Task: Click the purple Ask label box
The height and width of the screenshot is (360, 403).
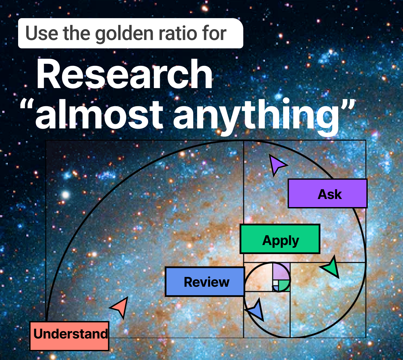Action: tap(327, 194)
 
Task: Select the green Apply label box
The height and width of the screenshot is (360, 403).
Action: tap(280, 239)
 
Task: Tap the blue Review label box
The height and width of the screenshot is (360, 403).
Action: tap(205, 282)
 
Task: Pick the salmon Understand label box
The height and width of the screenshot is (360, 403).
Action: tap(70, 336)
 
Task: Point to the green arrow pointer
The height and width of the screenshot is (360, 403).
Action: tap(331, 267)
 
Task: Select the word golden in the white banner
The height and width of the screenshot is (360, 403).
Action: tap(124, 34)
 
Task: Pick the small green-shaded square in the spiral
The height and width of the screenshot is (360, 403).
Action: tap(284, 285)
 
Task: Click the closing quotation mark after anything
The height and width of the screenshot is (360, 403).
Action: tap(348, 104)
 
